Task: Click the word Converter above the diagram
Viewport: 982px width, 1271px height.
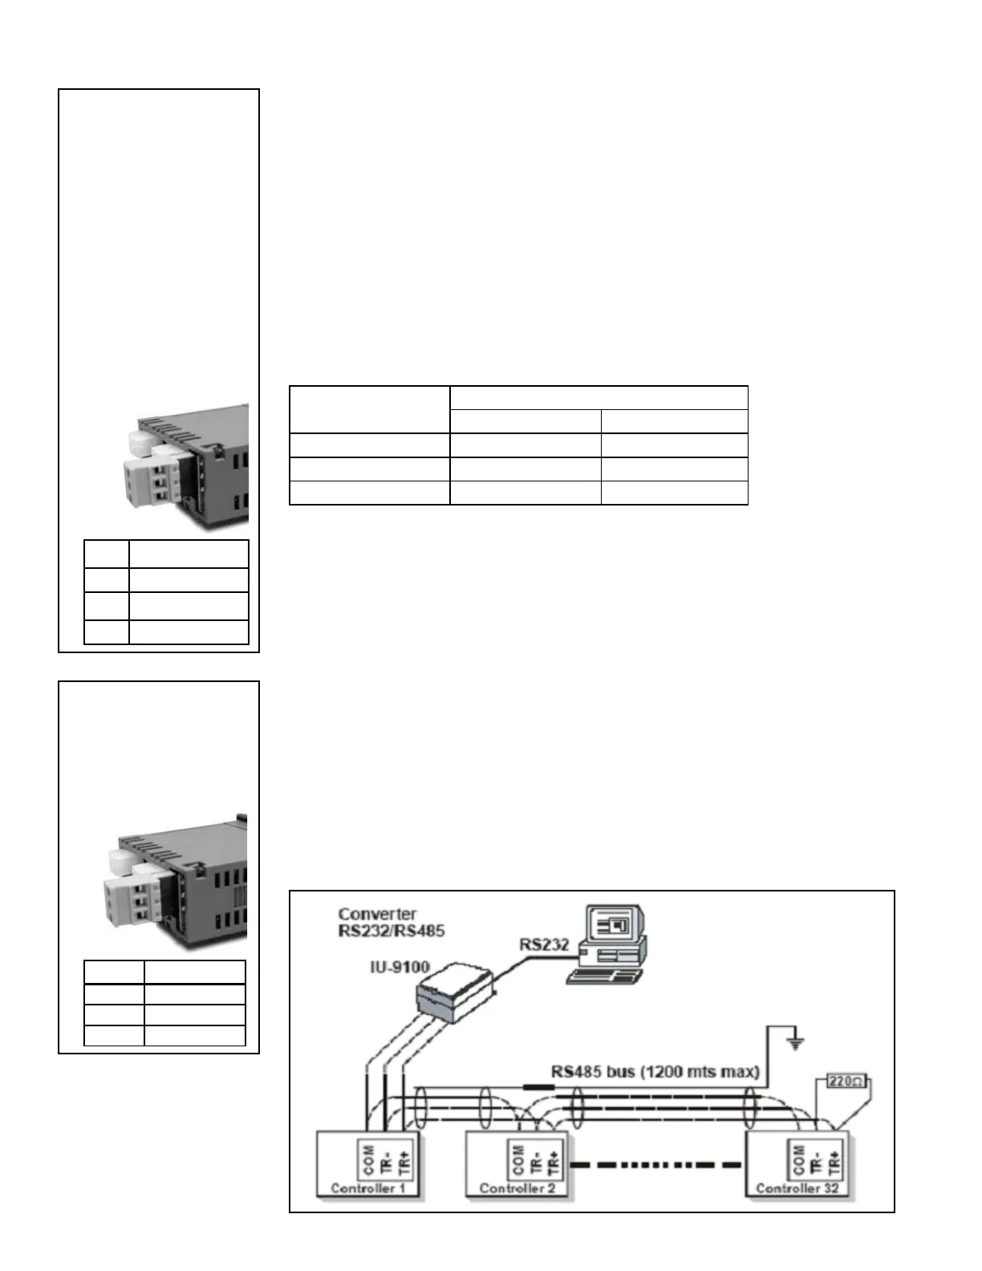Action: pyautogui.click(x=377, y=914)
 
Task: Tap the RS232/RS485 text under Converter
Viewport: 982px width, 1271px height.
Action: pyautogui.click(x=392, y=931)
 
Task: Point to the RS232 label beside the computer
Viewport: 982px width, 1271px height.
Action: pyautogui.click(x=543, y=944)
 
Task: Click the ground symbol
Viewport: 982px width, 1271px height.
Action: pyautogui.click(x=795, y=1043)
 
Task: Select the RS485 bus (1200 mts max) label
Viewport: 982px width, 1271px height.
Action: pyautogui.click(x=655, y=1071)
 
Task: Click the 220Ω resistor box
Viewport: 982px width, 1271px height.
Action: pyautogui.click(x=846, y=1082)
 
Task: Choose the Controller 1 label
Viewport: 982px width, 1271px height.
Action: pyautogui.click(x=367, y=1188)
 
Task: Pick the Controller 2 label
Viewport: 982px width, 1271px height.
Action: pyautogui.click(x=517, y=1188)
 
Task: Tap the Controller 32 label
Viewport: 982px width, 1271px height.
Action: pyautogui.click(x=797, y=1188)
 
